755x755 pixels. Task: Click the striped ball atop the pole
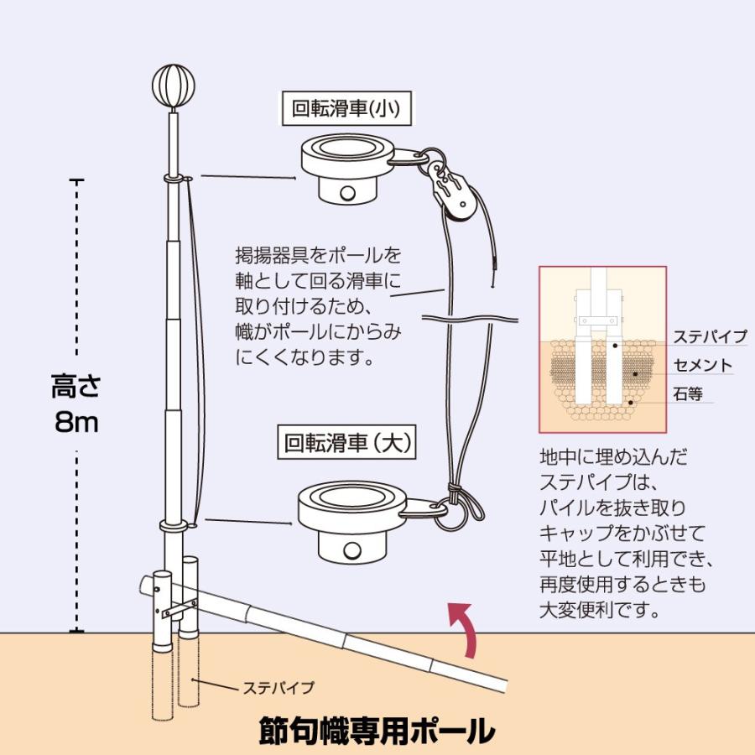coord(173,85)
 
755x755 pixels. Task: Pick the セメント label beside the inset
coord(703,366)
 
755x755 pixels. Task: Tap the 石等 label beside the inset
coord(688,393)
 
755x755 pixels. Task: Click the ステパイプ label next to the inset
coord(710,337)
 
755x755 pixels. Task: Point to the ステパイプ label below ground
coord(279,688)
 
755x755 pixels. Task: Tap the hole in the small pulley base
coord(346,192)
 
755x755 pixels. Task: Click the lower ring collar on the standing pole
coord(174,526)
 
